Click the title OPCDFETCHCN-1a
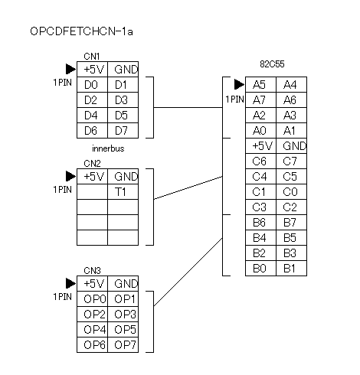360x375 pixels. tap(81, 31)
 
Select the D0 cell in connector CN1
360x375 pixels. tap(92, 84)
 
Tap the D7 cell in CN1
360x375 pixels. tap(123, 130)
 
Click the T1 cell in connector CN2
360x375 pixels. tap(123, 191)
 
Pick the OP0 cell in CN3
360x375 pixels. tap(92, 298)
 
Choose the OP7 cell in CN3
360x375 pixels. tap(123, 344)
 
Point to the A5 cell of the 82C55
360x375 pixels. tap(260, 84)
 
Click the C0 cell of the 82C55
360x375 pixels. tap(291, 191)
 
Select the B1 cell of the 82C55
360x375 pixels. tap(291, 268)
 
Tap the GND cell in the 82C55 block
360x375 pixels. tap(291, 145)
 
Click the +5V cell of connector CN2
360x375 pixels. tap(92, 176)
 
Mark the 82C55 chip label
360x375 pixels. tap(272, 64)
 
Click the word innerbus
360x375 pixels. tap(108, 148)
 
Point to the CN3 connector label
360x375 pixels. tap(92, 270)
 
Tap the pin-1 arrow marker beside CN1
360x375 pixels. tap(70, 69)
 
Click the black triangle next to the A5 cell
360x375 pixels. tap(239, 84)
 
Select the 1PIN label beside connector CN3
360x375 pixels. tap(63, 297)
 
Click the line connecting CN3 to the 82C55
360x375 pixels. tap(188, 272)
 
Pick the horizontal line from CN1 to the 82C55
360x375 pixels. tap(188, 107)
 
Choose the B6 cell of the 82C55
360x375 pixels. tap(260, 222)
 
